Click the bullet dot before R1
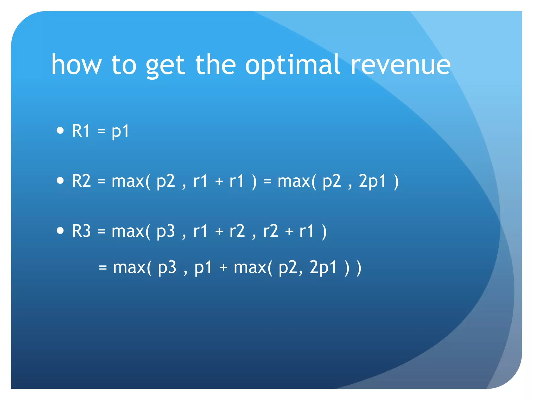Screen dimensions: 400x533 pyautogui.click(x=60, y=130)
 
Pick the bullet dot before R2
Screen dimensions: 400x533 pyautogui.click(x=60, y=180)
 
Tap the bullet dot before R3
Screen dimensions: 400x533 pyautogui.click(x=60, y=230)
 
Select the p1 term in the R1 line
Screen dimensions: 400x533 pyautogui.click(x=120, y=131)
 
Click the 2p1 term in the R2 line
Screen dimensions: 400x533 pyautogui.click(x=372, y=181)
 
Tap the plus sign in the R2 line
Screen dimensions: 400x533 pyautogui.click(x=219, y=181)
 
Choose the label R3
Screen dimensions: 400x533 pyautogui.click(x=81, y=231)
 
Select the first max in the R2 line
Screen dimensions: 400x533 pyautogui.click(x=128, y=181)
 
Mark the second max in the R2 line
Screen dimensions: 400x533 pyautogui.click(x=294, y=181)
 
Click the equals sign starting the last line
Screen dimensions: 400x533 pyautogui.click(x=103, y=267)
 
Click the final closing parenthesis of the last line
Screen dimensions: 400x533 pyautogui.click(x=359, y=268)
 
